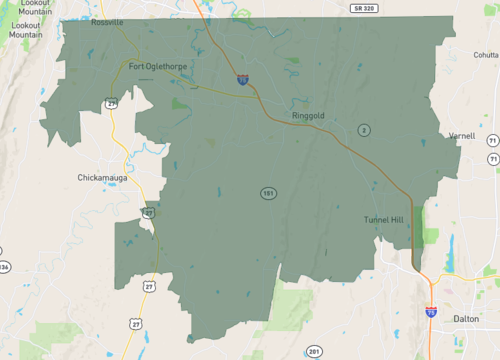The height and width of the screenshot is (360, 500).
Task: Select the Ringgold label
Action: click(308, 115)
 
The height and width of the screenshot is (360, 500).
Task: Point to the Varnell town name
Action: click(462, 134)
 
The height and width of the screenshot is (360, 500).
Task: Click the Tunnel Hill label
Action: click(383, 220)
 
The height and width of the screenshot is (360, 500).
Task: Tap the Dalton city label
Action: click(466, 317)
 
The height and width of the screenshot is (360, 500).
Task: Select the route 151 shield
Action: click(268, 192)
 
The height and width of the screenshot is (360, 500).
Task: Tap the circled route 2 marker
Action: click(364, 130)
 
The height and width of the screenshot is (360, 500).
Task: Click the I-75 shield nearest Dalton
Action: click(430, 312)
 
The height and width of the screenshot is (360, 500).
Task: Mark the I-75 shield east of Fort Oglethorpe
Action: click(243, 78)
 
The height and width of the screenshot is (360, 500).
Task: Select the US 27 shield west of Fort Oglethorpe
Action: click(111, 102)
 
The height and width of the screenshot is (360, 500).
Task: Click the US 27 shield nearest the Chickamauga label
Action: click(148, 212)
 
